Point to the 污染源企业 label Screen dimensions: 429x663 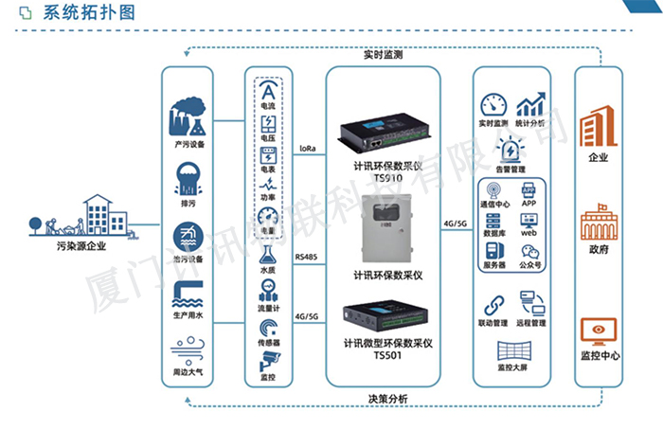80,247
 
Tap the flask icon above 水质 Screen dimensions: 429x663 269,253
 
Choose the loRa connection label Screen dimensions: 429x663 307,149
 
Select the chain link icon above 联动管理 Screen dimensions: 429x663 493,305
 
